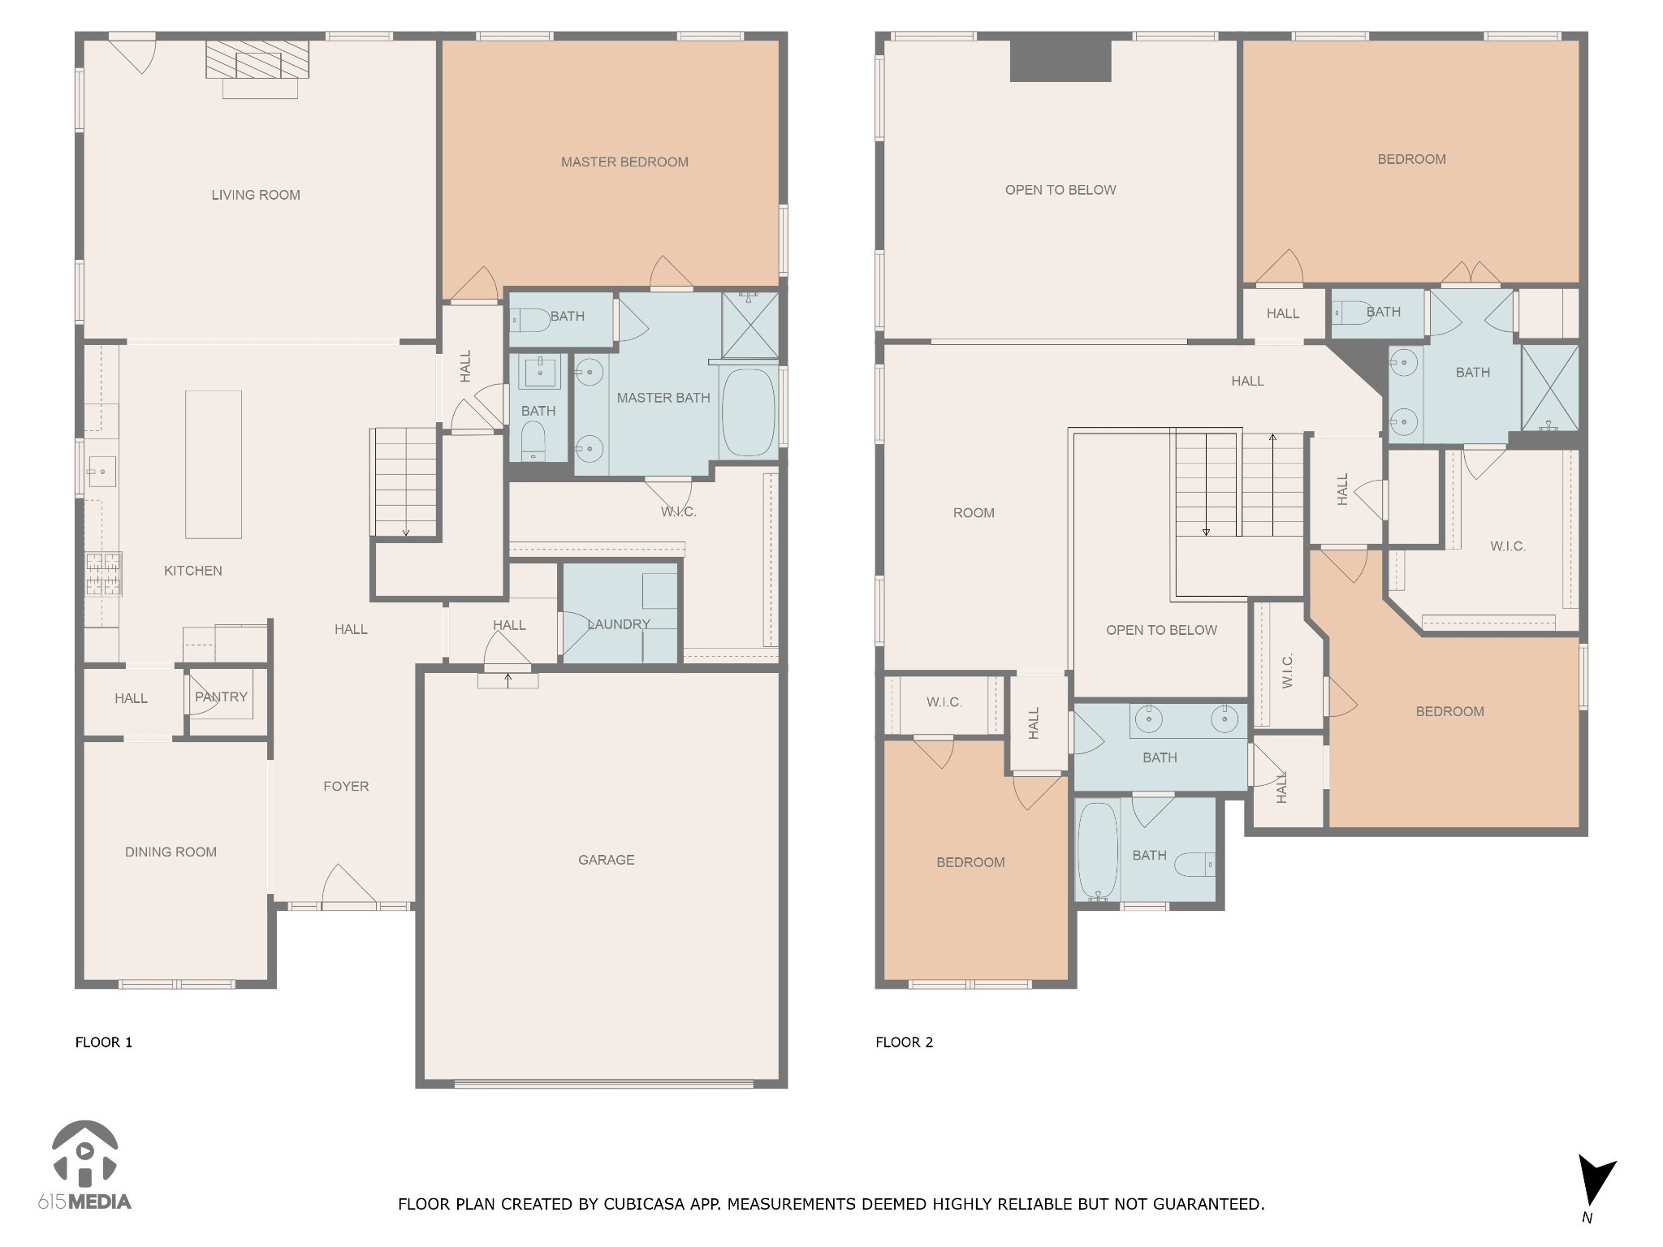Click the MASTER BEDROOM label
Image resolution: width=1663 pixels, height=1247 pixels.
click(x=624, y=162)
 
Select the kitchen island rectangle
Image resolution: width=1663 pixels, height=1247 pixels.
click(x=214, y=464)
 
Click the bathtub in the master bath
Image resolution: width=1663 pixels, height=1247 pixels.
click(x=748, y=412)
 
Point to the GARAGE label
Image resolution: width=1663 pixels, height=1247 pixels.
click(x=606, y=860)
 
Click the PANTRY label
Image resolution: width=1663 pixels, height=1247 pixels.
click(x=221, y=697)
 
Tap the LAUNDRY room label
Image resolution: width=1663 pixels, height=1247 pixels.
click(x=620, y=624)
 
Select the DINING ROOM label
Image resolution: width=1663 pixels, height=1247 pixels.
click(x=171, y=852)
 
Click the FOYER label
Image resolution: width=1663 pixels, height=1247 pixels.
click(x=346, y=786)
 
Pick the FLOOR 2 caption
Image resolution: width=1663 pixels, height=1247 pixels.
click(x=904, y=1042)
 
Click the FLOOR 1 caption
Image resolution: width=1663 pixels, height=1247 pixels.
click(x=104, y=1042)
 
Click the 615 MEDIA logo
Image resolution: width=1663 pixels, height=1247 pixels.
click(x=84, y=1166)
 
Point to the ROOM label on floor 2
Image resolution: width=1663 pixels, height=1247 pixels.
click(x=973, y=513)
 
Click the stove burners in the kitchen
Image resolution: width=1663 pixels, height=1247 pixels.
click(x=103, y=574)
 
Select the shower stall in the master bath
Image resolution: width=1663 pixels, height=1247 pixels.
click(x=749, y=325)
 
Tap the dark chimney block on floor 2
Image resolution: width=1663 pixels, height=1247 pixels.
click(x=1060, y=60)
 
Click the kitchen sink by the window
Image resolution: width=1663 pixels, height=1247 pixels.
click(x=102, y=471)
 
